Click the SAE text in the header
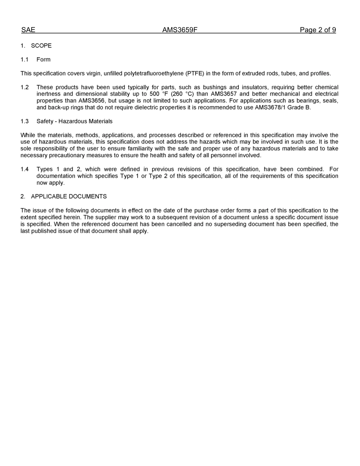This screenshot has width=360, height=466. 28,30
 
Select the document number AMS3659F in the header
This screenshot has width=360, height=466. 180,30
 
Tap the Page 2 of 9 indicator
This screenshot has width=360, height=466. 318,30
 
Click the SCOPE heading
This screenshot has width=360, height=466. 41,45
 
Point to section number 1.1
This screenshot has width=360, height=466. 25,59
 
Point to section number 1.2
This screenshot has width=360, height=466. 25,88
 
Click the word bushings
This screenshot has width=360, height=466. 214,88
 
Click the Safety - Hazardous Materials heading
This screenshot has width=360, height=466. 74,121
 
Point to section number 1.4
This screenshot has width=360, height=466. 25,169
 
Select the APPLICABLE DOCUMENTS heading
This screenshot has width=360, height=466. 69,197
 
